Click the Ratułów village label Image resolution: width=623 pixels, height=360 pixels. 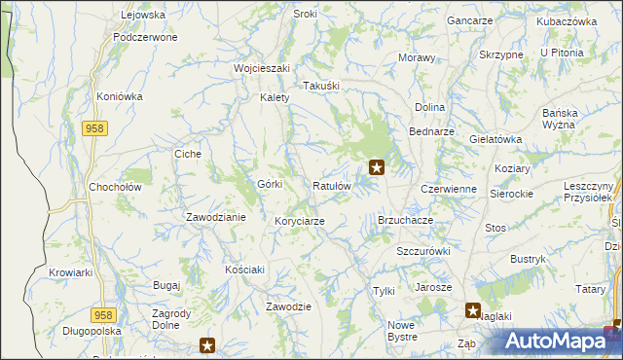(x=332, y=186)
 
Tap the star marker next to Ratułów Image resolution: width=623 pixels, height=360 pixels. (x=376, y=167)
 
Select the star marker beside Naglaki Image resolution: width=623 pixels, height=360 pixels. (x=473, y=311)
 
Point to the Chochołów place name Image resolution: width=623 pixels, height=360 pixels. (x=116, y=187)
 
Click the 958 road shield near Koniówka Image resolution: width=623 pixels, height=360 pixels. (x=94, y=128)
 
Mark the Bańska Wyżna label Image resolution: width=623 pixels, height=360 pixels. (x=560, y=119)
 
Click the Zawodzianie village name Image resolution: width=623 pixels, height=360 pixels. (x=215, y=217)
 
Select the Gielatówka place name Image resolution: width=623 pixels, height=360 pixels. (x=495, y=139)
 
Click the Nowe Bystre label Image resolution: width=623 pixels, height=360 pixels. (x=402, y=331)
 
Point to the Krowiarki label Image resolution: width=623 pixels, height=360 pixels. (x=70, y=273)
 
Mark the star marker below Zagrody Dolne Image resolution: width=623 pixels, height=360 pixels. (x=207, y=343)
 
